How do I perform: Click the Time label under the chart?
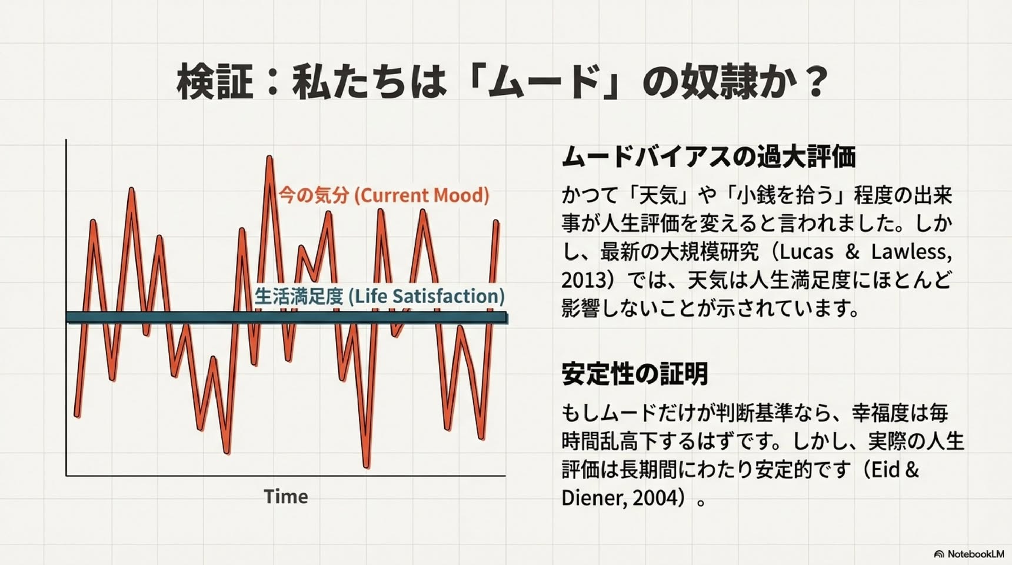point(286,496)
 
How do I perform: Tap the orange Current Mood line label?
point(384,195)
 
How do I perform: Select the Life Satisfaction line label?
point(379,295)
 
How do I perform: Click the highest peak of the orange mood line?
point(269,158)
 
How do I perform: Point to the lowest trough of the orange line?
point(367,466)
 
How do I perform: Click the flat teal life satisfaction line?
point(287,318)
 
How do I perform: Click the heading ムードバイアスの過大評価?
point(708,157)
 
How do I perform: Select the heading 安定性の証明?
point(634,374)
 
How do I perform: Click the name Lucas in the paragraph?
point(803,251)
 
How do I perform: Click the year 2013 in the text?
point(584,280)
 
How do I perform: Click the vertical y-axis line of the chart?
point(66,307)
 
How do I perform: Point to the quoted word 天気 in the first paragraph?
point(658,195)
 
